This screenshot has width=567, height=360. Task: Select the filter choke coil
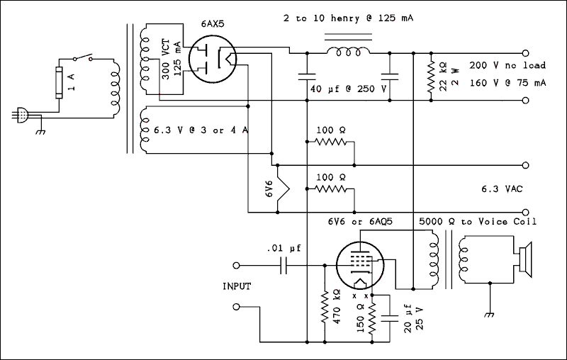coord(347,52)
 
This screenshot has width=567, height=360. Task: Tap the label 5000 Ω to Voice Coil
coord(478,221)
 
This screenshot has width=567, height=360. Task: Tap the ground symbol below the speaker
coord(487,315)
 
